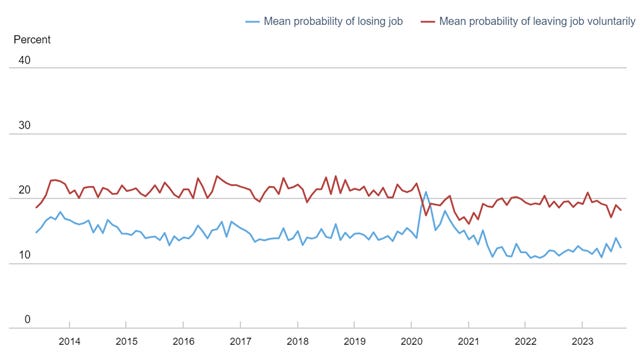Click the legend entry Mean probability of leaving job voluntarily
529,20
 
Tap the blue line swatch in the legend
256,20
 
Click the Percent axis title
30,40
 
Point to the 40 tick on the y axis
25,60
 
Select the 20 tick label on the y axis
25,191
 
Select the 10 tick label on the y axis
25,256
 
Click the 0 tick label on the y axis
28,320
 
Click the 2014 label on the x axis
69,341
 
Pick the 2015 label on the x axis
126,341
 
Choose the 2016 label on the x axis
183,341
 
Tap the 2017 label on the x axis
240,341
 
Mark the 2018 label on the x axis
297,341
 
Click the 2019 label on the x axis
354,341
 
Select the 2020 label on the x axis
411,341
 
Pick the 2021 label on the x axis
468,341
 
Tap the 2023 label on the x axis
583,341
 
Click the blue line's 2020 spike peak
426,192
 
